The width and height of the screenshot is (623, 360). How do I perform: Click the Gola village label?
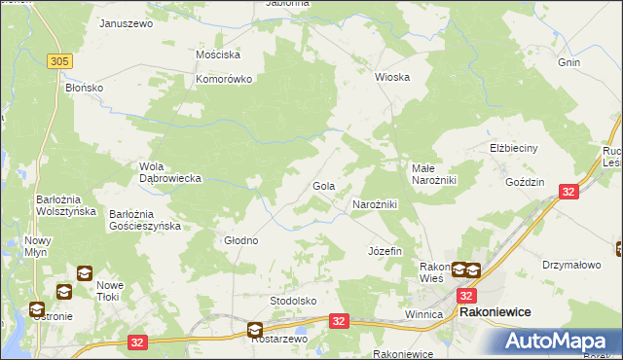323,185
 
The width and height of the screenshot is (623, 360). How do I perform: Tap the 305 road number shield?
60,61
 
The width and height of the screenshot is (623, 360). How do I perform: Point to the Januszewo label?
127,23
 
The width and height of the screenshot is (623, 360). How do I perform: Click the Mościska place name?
218,55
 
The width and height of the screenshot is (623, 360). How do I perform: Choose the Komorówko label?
225,79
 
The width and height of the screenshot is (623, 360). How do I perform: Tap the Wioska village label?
392,77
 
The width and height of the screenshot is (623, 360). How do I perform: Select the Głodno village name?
241,240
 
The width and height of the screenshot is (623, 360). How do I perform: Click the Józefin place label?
385,251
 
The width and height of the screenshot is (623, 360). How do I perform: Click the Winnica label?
423,315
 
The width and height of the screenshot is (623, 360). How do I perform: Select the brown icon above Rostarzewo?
255,330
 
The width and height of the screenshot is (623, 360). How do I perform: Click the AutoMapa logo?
559,342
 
